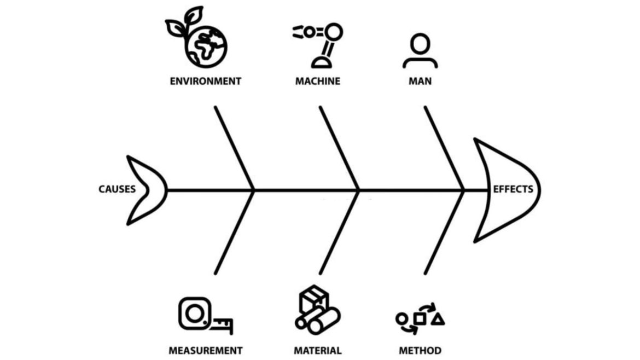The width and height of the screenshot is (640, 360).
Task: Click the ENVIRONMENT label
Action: [x=205, y=82]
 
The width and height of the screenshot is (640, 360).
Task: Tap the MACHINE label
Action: [x=318, y=82]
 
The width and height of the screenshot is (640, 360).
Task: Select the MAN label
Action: [x=420, y=82]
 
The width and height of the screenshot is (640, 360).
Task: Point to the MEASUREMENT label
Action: [x=205, y=350]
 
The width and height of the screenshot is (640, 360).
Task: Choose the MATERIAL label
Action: [x=318, y=350]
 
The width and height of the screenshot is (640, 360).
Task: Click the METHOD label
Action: [x=420, y=350]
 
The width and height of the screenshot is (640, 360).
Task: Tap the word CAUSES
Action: [x=117, y=190]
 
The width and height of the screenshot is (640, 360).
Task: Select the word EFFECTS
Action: [x=513, y=190]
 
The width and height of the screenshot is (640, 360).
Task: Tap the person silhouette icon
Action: [x=420, y=51]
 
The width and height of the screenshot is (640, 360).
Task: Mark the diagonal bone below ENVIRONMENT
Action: [x=235, y=148]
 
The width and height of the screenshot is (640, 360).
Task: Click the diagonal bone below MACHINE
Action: [x=339, y=148]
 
